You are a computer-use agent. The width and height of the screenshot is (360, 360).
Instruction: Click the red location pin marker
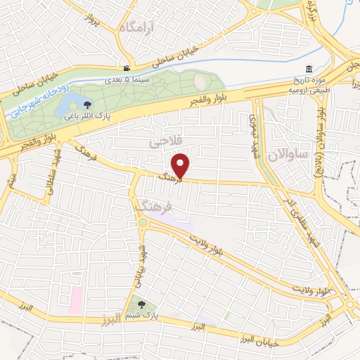click(182, 165)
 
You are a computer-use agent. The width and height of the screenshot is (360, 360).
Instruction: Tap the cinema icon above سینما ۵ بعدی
click(127, 69)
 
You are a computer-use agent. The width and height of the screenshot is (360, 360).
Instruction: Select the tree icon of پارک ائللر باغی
click(87, 106)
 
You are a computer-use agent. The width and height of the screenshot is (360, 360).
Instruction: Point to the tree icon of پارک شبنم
click(143, 305)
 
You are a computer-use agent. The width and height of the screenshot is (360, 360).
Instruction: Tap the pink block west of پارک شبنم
click(75, 300)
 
